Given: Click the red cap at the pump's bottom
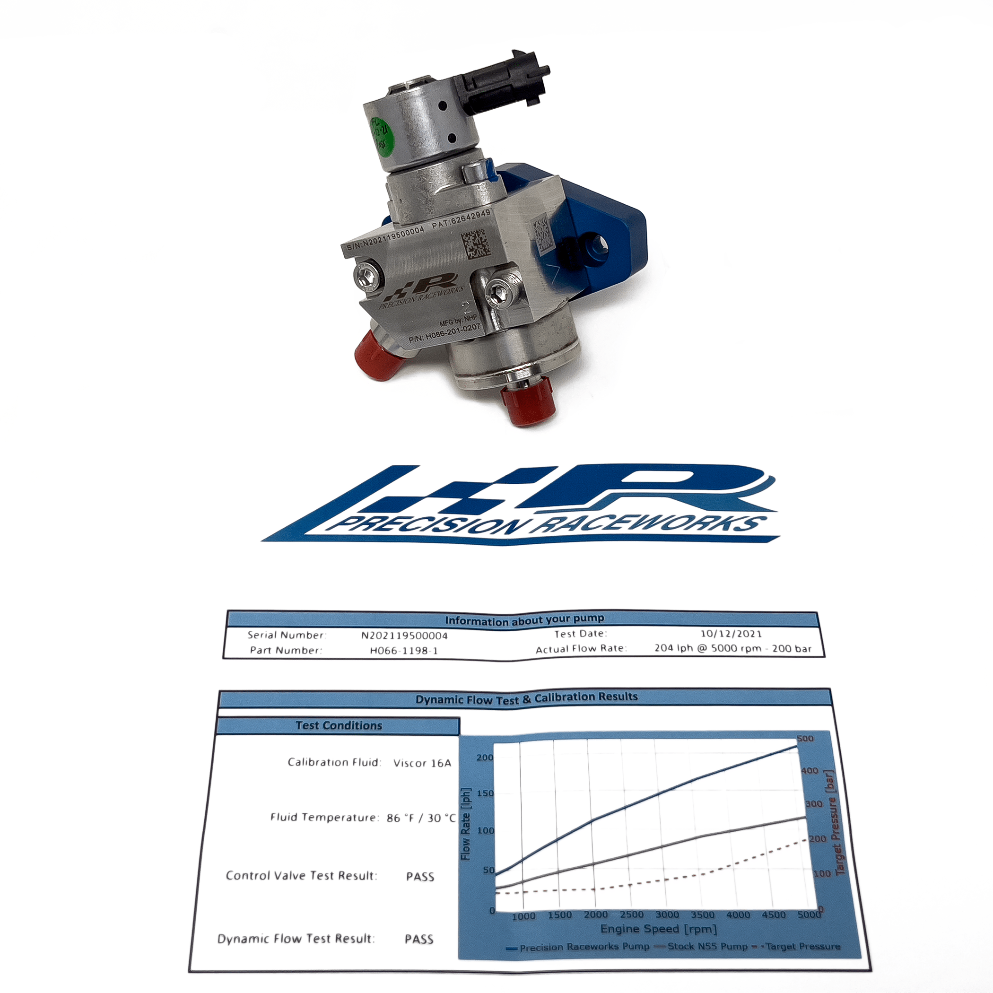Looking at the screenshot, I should click(528, 403).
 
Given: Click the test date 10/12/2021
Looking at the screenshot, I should click(731, 634).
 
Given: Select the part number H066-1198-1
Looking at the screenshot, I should click(404, 651).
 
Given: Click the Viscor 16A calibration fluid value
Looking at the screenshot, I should click(422, 763).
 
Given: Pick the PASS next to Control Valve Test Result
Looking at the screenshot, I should click(420, 877).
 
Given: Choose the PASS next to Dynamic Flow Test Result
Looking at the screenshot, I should click(419, 940).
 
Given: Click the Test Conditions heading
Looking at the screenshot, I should click(339, 726).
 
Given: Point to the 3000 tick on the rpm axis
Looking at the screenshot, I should click(667, 915).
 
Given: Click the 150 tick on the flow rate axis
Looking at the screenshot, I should click(485, 793).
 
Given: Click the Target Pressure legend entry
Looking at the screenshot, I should click(802, 946).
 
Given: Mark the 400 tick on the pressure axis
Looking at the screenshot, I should click(810, 771).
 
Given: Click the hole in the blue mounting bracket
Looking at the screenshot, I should click(598, 244).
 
